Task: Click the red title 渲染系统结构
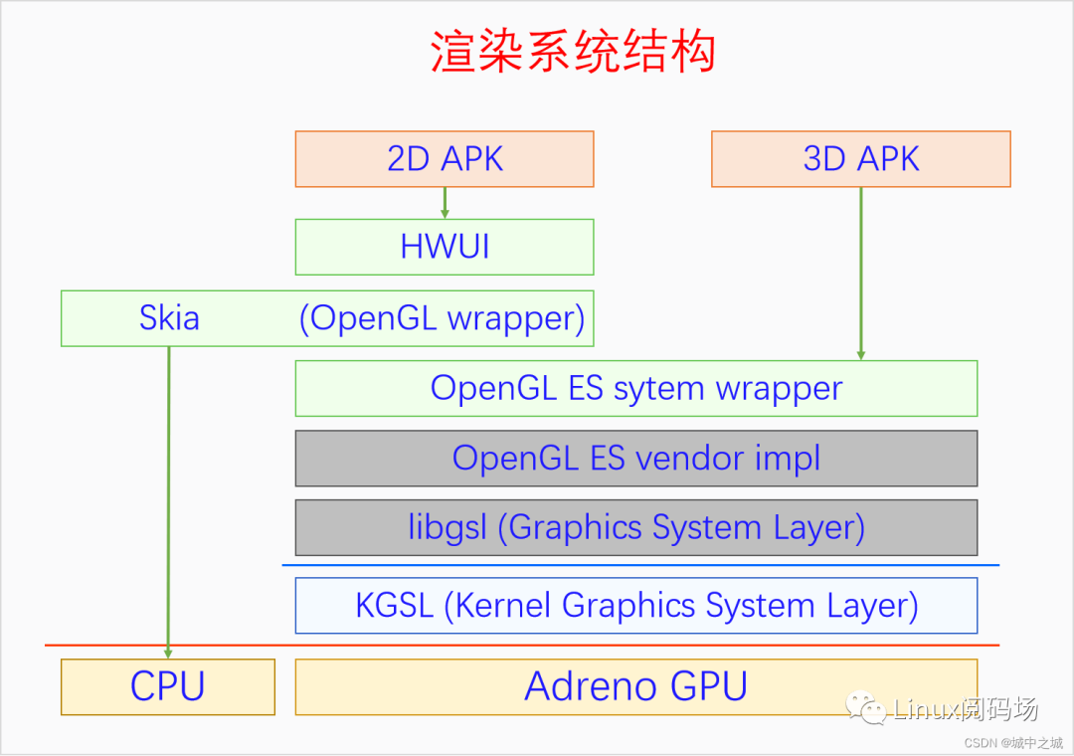[573, 52]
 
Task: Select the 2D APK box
[445, 159]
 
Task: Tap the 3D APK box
[861, 159]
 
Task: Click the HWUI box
[445, 247]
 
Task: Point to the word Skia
[169, 318]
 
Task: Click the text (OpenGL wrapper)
[443, 318]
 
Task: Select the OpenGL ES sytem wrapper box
[636, 388]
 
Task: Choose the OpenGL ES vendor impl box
[636, 458]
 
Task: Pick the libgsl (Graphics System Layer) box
[636, 527]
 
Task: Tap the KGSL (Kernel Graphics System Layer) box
[636, 606]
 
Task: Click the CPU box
[168, 686]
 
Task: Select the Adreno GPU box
[636, 686]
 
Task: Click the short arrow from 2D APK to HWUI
[445, 203]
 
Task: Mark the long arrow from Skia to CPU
[168, 497]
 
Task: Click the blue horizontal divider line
[640, 565]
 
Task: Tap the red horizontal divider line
[522, 645]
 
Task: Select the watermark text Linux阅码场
[966, 709]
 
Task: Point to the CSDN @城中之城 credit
[1013, 742]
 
